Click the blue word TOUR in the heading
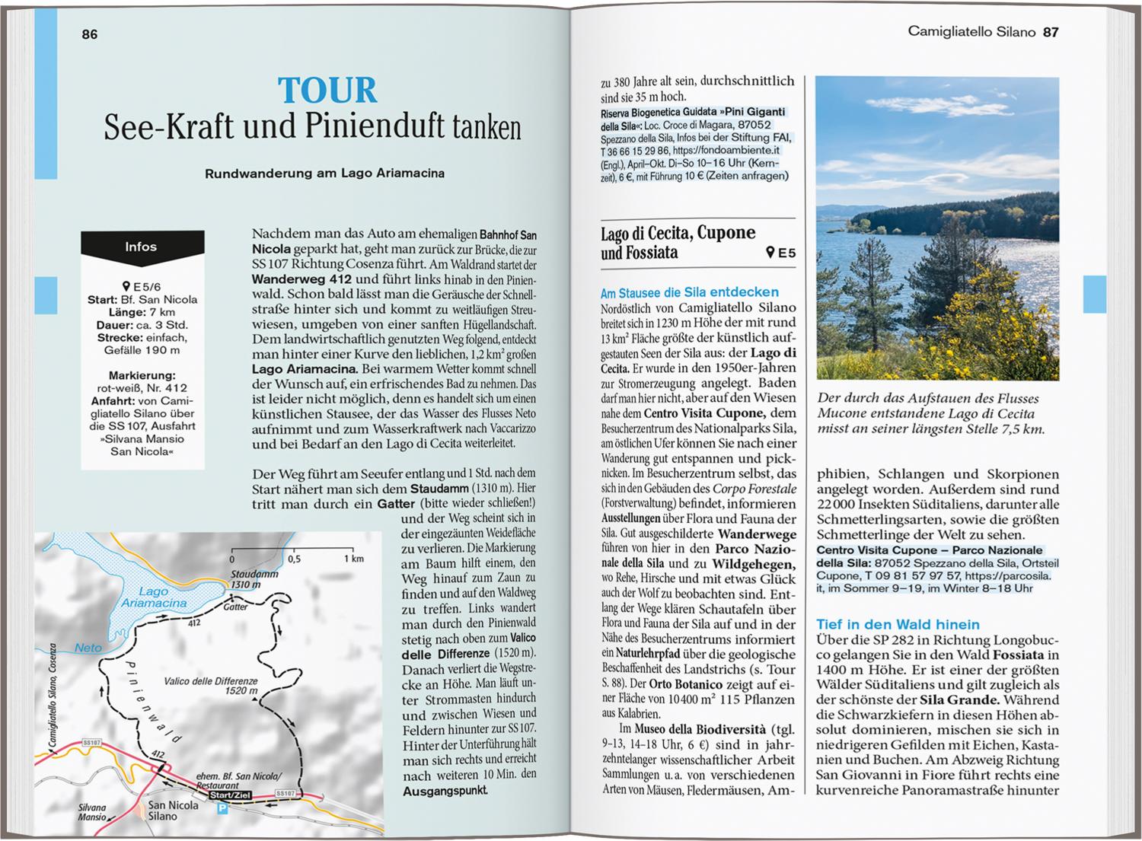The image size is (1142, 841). point(327,91)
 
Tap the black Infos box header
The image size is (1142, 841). point(142,247)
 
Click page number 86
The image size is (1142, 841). point(90,34)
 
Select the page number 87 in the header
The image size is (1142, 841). point(1051,32)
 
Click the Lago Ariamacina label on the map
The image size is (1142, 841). point(153,597)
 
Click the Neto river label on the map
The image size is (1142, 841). point(88,648)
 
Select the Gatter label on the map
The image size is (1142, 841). point(236,607)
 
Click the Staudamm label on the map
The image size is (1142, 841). point(254,575)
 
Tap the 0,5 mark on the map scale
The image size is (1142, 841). point(294,559)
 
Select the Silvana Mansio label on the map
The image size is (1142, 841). point(91,813)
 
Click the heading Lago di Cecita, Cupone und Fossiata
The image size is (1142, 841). point(678,242)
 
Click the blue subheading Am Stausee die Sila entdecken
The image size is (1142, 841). point(689,292)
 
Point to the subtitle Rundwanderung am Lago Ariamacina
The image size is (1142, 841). point(324,174)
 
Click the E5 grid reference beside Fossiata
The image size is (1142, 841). point(781,253)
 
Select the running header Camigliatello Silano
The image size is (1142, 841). point(971,32)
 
